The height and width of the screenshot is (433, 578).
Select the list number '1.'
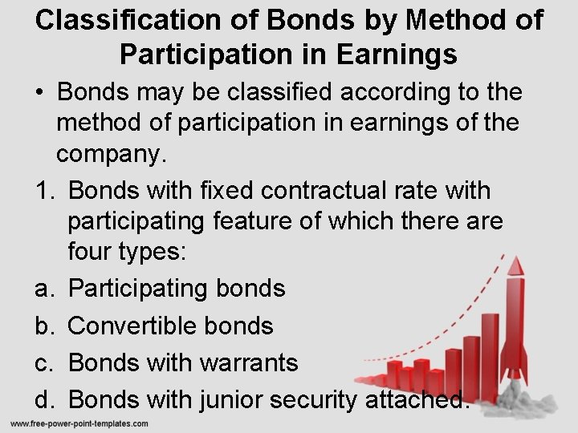pyautogui.click(x=44, y=190)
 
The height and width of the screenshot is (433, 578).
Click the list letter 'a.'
pyautogui.click(x=44, y=288)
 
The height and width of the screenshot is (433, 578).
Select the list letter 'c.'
pyautogui.click(x=44, y=362)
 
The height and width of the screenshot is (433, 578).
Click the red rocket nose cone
pyautogui.click(x=515, y=266)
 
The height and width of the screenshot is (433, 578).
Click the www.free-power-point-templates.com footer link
pyautogui.click(x=79, y=423)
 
